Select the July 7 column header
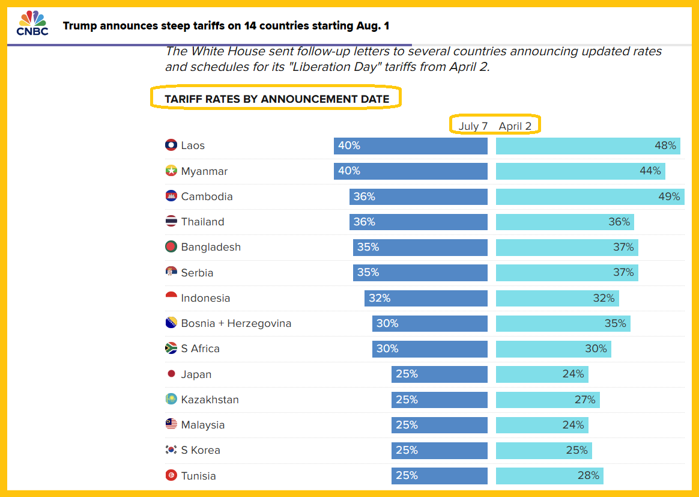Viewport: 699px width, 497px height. coord(473,126)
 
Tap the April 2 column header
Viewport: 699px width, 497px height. coord(515,126)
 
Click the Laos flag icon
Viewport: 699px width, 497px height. coord(171,145)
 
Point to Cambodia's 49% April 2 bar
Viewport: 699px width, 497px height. coord(590,197)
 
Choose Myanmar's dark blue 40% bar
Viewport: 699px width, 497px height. coord(411,171)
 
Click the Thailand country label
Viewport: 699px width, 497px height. coord(202,222)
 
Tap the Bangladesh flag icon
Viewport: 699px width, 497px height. coord(171,247)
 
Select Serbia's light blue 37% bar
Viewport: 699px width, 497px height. coord(567,273)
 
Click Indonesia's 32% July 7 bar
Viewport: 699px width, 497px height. coord(426,298)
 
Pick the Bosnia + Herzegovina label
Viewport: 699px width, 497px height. coord(236,323)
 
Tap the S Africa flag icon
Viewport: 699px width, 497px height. coord(171,349)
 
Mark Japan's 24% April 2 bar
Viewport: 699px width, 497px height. coord(542,374)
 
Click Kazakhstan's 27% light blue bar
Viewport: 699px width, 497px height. coord(548,400)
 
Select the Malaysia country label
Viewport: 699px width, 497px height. coord(203,425)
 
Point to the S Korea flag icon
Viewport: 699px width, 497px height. coord(171,450)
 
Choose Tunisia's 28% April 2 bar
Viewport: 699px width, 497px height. coord(549,476)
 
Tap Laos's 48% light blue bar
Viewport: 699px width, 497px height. coord(588,145)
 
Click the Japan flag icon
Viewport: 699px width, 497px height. coord(171,374)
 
